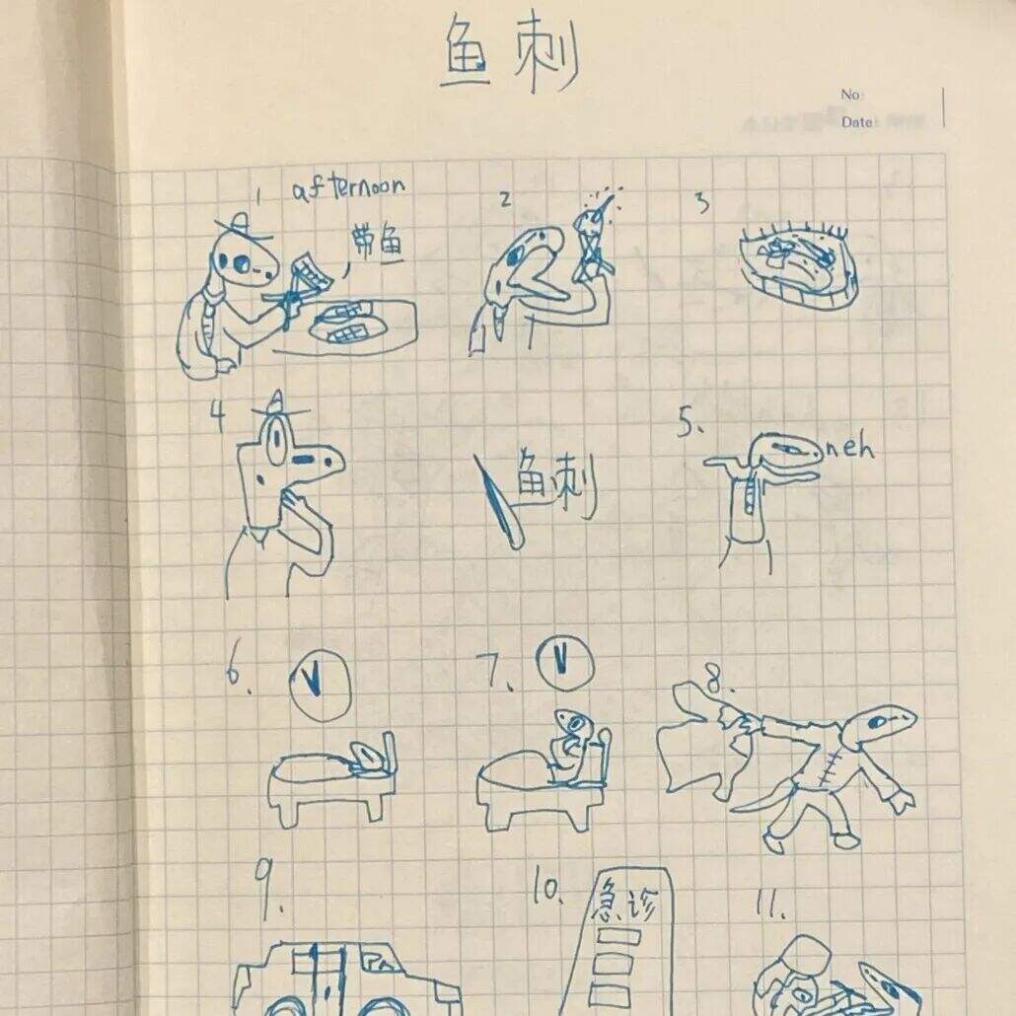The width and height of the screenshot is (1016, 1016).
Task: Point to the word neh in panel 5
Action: pos(849,449)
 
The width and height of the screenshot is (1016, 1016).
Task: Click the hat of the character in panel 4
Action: pos(278,404)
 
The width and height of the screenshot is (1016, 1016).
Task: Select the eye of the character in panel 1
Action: pos(238,261)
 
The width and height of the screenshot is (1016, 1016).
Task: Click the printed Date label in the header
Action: pos(857,122)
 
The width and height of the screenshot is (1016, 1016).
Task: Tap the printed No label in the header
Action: pos(851,95)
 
